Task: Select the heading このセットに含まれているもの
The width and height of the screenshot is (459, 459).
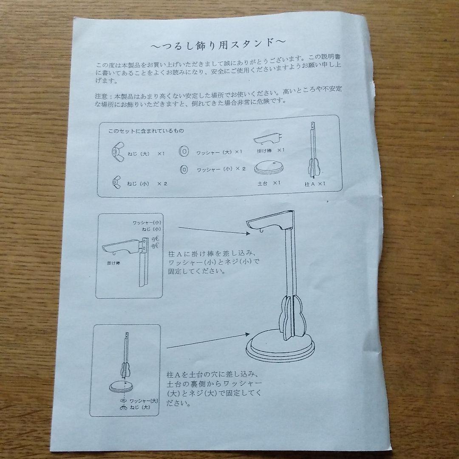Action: point(146,131)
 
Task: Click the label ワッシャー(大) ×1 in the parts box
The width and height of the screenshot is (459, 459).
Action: point(219,152)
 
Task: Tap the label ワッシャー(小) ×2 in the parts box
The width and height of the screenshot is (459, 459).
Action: point(221,169)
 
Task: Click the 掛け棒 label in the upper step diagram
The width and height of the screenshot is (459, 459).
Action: point(113,263)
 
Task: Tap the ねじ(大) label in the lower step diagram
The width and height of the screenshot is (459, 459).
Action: point(140,408)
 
